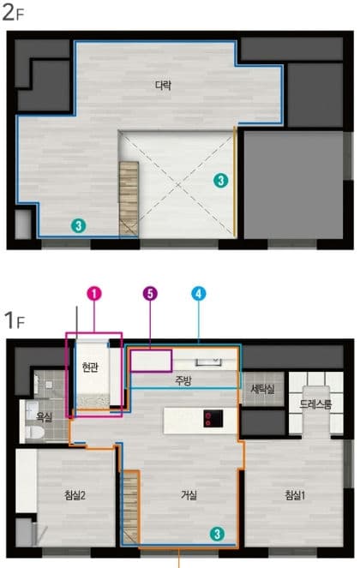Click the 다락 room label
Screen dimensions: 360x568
click(x=163, y=85)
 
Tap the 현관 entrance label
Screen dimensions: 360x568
click(x=90, y=368)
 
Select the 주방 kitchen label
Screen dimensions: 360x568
click(x=183, y=380)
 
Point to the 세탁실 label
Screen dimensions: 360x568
click(x=262, y=389)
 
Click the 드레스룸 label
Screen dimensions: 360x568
click(x=315, y=404)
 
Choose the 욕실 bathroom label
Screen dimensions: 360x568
click(x=45, y=417)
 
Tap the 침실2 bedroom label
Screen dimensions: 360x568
click(x=75, y=495)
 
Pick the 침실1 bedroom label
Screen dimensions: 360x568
click(x=295, y=495)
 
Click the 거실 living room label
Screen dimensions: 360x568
click(x=189, y=495)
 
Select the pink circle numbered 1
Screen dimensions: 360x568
click(x=94, y=294)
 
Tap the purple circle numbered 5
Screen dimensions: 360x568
click(x=150, y=293)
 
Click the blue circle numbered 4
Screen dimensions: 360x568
click(x=198, y=294)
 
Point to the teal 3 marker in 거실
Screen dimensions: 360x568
click(x=217, y=534)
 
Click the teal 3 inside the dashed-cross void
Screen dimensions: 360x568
click(x=221, y=180)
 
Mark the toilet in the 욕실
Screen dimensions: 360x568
click(x=35, y=432)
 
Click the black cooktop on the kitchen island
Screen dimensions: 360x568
click(x=213, y=418)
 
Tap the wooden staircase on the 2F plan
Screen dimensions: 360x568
click(x=129, y=199)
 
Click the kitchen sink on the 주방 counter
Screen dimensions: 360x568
click(x=208, y=362)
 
